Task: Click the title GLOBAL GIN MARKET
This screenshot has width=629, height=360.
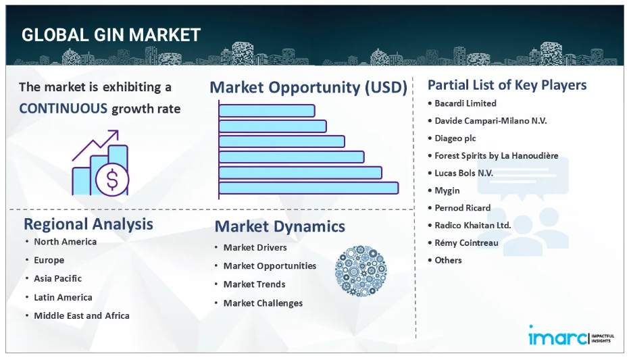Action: (111, 35)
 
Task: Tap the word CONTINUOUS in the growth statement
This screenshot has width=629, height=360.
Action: (64, 108)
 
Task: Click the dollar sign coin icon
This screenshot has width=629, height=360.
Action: (112, 180)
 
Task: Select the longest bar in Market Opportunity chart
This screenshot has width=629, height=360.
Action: (309, 188)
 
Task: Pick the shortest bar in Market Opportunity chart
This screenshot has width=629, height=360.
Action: (267, 111)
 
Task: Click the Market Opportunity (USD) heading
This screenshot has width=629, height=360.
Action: (309, 87)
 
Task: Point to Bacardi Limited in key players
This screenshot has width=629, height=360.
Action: (466, 103)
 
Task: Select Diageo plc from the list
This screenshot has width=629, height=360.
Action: (455, 138)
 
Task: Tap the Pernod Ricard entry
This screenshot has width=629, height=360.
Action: (463, 207)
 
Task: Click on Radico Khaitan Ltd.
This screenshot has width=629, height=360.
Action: (473, 226)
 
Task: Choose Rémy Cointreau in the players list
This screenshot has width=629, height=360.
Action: (467, 242)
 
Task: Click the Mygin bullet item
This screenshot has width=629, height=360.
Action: (447, 191)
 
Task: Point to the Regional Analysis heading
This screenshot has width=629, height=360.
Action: (89, 224)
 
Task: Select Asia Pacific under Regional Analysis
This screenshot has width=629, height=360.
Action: (58, 278)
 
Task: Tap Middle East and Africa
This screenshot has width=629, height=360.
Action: (82, 315)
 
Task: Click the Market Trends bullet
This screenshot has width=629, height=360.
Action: (254, 284)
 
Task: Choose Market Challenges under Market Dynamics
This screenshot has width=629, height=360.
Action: (263, 303)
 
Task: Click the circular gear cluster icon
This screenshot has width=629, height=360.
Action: (361, 271)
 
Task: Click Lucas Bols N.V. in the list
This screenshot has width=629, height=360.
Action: (463, 173)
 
